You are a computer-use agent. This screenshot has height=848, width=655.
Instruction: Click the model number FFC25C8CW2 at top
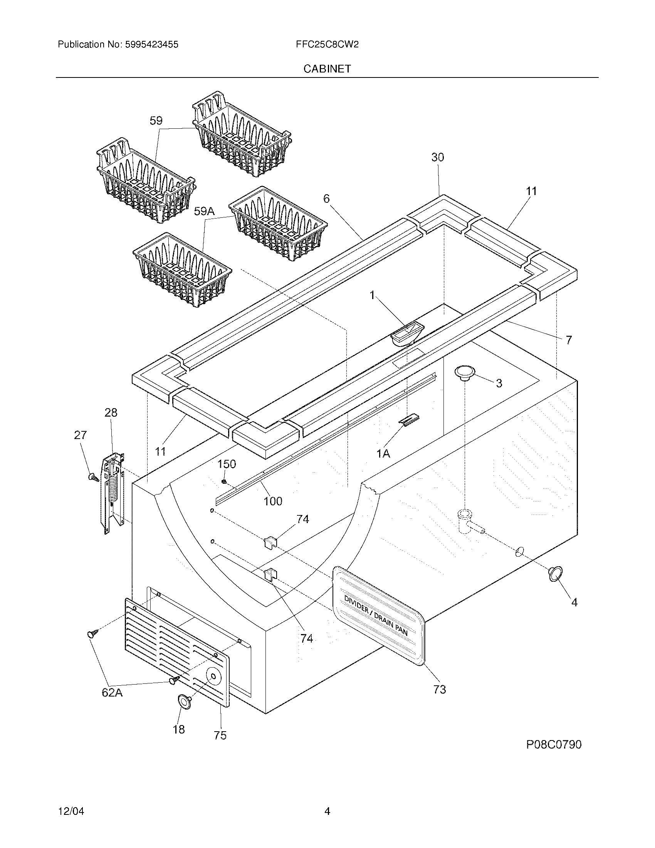(x=327, y=45)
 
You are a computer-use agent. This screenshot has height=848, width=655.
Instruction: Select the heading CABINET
(x=327, y=69)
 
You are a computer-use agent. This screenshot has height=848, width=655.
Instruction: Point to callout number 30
(x=438, y=157)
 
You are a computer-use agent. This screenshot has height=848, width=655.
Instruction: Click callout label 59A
(x=204, y=211)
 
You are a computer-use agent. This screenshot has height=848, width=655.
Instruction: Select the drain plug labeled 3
(x=465, y=372)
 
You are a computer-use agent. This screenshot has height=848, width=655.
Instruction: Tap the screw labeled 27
(x=93, y=477)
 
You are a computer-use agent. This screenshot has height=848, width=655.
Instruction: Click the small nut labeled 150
(x=224, y=482)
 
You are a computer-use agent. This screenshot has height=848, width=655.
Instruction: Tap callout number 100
(x=273, y=501)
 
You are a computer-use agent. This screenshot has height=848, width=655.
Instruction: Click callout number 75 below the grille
(x=220, y=735)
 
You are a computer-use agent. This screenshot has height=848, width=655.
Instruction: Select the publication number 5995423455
(x=152, y=45)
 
